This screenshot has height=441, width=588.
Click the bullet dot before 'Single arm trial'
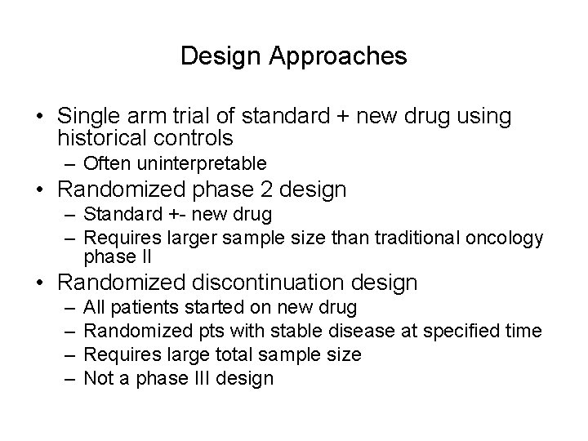[x=40, y=118]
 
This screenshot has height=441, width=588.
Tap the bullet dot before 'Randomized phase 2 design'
[x=40, y=191]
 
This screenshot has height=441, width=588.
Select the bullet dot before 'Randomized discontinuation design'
[x=40, y=283]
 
